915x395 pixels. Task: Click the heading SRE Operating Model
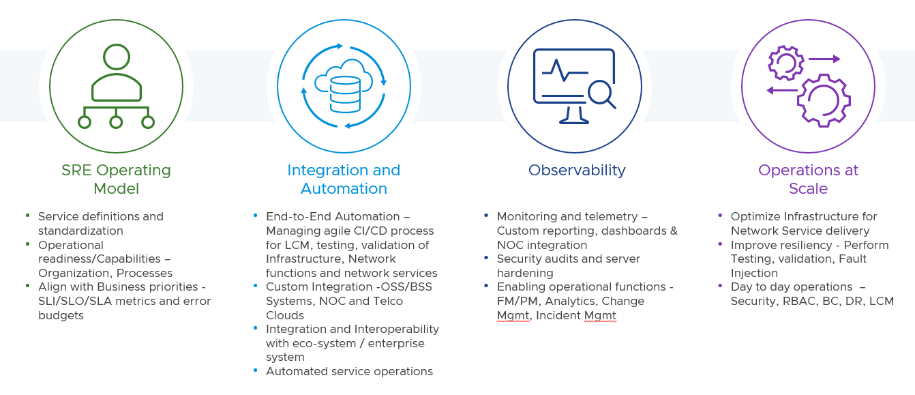tap(116, 179)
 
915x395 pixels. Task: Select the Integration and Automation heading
tap(344, 179)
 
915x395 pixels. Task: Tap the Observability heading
tap(577, 171)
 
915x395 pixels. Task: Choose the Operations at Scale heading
tap(808, 179)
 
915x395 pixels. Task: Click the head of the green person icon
tap(117, 57)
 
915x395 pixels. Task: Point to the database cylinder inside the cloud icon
tap(344, 94)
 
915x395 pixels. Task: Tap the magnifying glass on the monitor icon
tap(601, 92)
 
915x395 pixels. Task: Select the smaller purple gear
tap(786, 63)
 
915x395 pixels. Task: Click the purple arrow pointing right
tap(824, 59)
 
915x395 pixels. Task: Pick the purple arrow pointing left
tap(782, 90)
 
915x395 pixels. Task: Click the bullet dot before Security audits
tap(486, 258)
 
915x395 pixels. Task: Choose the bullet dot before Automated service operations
tap(256, 370)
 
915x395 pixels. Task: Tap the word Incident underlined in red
tap(558, 316)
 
